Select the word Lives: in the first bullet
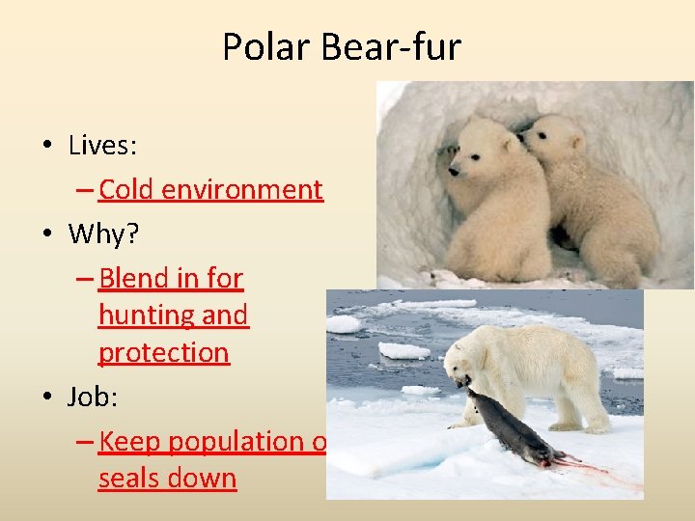click(x=103, y=146)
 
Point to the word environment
click(x=242, y=190)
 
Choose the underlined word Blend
click(x=133, y=279)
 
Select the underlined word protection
click(x=164, y=353)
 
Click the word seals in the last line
click(x=129, y=479)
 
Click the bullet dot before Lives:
click(x=46, y=147)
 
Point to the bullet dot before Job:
click(x=46, y=397)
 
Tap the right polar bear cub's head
click(x=552, y=140)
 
